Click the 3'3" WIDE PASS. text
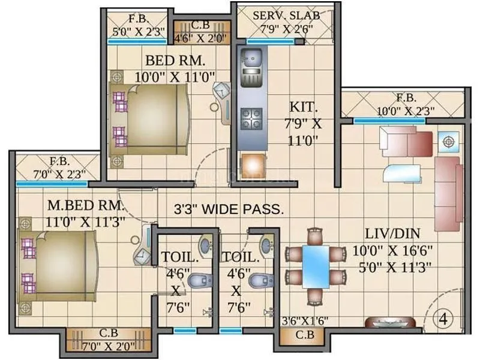pyautogui.click(x=229, y=209)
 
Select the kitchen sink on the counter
pyautogui.click(x=250, y=60)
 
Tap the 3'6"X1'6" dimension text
pyautogui.click(x=305, y=320)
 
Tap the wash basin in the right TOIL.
pyautogui.click(x=266, y=243)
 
